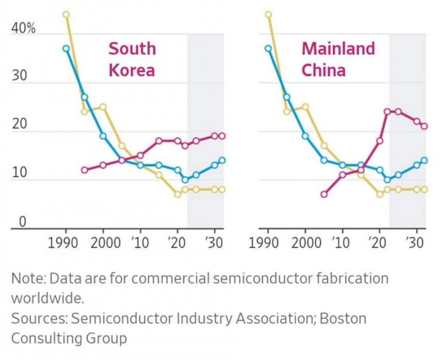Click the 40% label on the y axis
[x=23, y=28]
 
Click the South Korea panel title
[x=132, y=59]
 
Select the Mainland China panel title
[x=338, y=59]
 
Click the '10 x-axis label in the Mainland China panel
[x=342, y=242]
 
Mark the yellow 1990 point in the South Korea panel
[x=66, y=15]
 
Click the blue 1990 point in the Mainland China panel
[x=268, y=48]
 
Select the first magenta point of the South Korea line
[x=84, y=170]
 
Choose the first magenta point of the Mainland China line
[x=324, y=194]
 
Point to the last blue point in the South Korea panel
[x=222, y=160]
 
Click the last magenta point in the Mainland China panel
[x=424, y=126]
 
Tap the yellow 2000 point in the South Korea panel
[x=103, y=107]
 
